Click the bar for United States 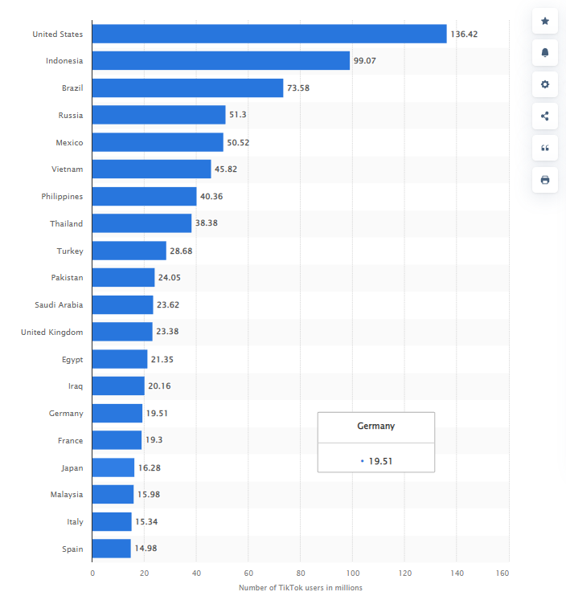269,34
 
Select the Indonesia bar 221,60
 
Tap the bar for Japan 113,467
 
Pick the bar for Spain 112,549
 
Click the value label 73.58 298,88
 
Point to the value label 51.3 238,115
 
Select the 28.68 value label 181,251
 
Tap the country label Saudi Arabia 59,304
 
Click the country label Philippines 62,196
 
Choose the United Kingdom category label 52,332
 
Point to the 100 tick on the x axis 352,573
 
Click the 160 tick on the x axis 503,573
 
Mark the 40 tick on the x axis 196,573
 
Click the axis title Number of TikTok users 301,588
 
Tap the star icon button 545,21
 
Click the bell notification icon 545,52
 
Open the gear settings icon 545,84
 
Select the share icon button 545,116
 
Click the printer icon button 545,180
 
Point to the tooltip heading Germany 376,426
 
